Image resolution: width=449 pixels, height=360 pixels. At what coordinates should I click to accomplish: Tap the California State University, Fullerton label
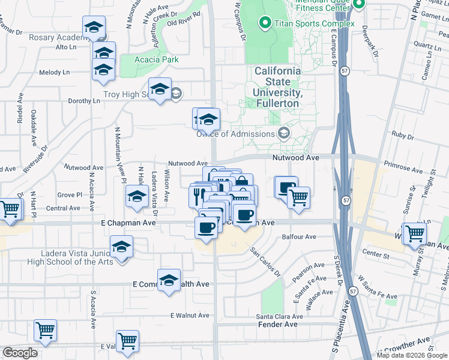[277, 87]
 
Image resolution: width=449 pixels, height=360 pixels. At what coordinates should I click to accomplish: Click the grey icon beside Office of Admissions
[284, 133]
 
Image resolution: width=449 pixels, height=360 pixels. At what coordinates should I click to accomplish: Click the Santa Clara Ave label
[279, 316]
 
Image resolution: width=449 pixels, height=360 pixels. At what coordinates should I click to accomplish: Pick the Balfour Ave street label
[298, 236]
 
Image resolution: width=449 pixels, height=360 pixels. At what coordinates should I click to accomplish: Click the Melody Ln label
[54, 72]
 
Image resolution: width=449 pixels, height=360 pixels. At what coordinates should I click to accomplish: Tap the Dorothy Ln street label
[83, 101]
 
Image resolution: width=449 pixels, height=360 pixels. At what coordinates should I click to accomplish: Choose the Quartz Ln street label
[415, 45]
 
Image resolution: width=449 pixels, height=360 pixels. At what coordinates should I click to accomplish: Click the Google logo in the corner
[20, 353]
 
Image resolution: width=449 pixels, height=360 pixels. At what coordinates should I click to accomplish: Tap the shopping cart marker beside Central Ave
[10, 209]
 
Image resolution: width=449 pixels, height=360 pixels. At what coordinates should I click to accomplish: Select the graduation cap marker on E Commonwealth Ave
[169, 280]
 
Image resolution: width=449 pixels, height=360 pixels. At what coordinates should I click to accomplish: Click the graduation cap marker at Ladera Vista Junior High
[122, 247]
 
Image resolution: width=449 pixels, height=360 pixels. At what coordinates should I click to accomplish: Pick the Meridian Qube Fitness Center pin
[359, 5]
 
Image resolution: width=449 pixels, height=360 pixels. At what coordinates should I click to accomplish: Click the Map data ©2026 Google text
[412, 355]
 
